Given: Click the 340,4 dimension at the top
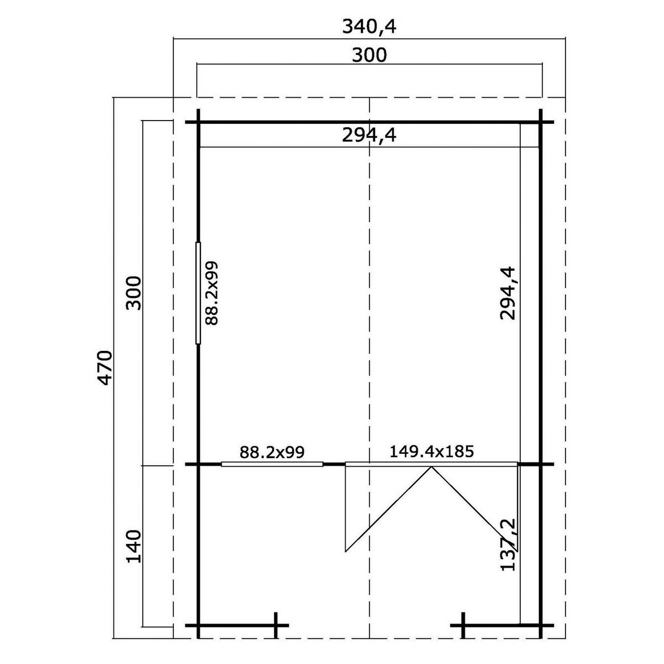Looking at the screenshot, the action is pos(369,27).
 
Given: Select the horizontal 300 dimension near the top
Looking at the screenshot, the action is pos(369,55).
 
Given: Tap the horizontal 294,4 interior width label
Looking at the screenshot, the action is pos(369,136).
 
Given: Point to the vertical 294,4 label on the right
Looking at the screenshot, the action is pos(507,293).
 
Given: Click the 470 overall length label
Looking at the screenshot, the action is pos(105,367).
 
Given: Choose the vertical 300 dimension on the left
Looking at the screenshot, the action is pos(134,293).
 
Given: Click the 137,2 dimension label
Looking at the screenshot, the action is pos(507,549).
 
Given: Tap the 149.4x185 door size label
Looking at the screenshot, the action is pos(432,452).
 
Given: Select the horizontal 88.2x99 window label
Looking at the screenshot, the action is pos(272,453).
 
